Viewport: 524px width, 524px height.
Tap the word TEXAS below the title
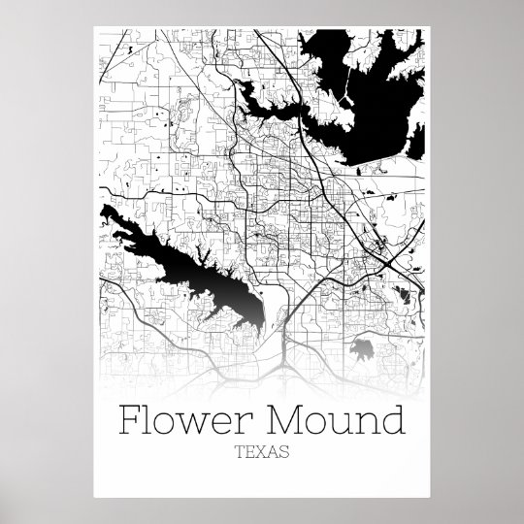[x=261, y=451]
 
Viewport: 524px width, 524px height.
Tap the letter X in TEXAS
[x=261, y=451]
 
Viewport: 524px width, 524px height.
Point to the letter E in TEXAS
[x=249, y=451]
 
